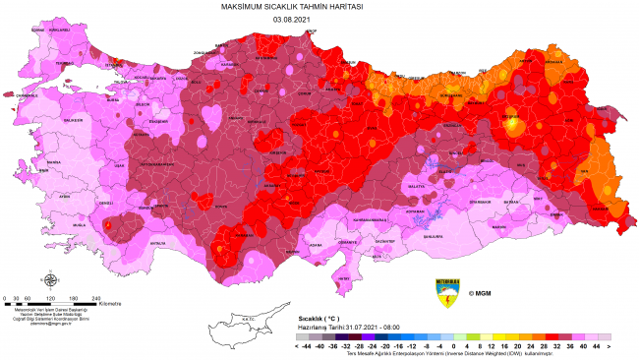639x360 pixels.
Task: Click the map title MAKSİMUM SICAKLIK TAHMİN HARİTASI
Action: pos(319,7)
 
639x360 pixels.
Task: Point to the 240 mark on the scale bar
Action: pos(95,297)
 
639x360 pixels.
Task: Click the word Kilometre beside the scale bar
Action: pos(110,303)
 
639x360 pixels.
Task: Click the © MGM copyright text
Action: pos(479,293)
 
